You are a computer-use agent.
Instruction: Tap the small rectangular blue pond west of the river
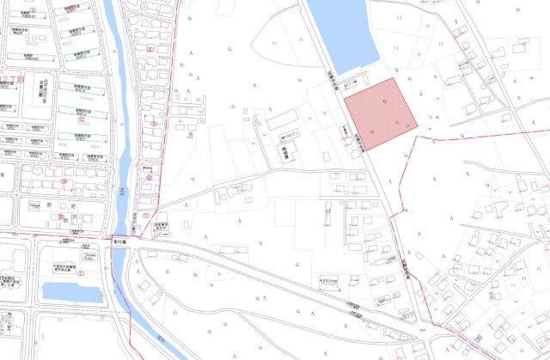tap(72, 292)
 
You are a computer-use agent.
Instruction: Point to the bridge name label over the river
tap(120, 241)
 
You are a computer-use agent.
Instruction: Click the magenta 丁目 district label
tap(8, 79)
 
